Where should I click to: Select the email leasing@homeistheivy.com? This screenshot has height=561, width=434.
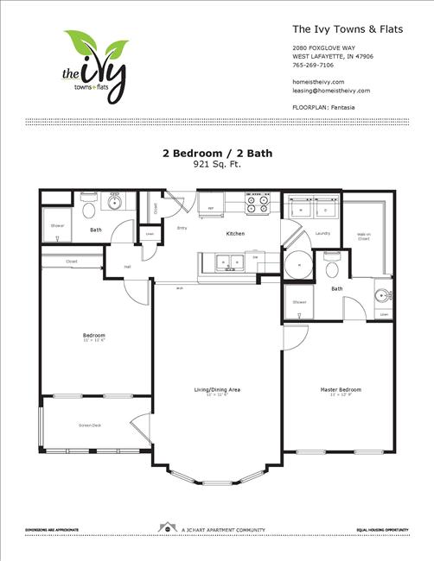pos(331,90)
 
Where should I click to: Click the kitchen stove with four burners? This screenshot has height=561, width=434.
pos(257,204)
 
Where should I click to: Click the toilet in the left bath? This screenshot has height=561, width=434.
pos(88,208)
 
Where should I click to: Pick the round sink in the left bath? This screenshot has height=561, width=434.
pos(113,203)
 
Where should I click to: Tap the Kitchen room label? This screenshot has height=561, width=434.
pos(235,234)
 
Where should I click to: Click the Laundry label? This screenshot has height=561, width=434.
pos(322,233)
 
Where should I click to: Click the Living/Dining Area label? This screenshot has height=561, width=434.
pos(217,390)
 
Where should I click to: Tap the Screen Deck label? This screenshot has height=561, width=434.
pos(91,425)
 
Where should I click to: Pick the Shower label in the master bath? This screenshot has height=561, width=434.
pos(299,302)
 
